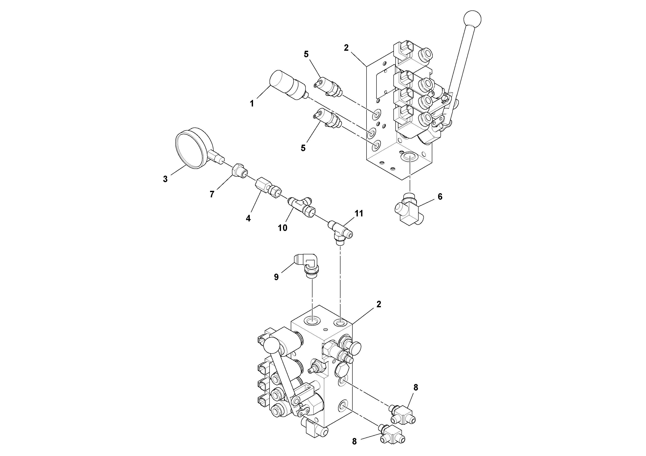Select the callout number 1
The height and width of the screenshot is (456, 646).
point(252,104)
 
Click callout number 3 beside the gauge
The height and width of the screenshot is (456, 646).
point(165,179)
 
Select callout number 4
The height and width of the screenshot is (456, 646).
point(248,218)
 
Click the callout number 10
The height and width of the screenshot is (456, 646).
point(283,228)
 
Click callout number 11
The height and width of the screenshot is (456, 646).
point(359,214)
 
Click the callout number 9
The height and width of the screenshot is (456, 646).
point(276,277)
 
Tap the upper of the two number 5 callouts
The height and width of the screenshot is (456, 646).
point(306,54)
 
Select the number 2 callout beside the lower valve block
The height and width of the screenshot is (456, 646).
point(379,304)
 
